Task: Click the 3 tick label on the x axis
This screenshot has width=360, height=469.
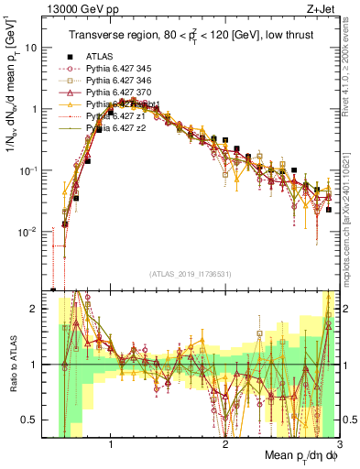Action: tap(339, 446)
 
